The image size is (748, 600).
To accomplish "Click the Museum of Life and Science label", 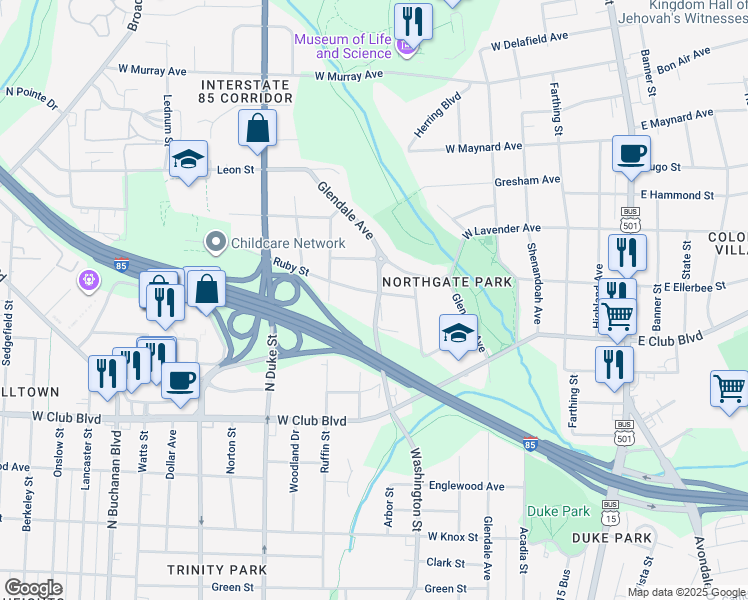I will click(x=343, y=46).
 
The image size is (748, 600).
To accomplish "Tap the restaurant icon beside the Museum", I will click(x=412, y=20).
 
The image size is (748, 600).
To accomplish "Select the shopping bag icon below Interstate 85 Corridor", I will click(x=258, y=129).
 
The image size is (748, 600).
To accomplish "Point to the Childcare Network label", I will click(x=287, y=242).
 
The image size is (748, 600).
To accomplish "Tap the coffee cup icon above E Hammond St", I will click(x=630, y=154).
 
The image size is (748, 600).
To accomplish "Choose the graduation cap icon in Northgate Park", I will click(x=458, y=333).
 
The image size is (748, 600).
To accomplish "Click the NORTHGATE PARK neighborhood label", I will click(x=447, y=283).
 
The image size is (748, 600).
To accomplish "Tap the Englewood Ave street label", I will click(x=467, y=486).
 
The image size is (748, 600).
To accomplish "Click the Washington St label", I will click(x=416, y=488).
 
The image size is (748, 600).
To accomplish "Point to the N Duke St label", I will click(x=270, y=360).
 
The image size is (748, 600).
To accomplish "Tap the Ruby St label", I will click(x=291, y=266).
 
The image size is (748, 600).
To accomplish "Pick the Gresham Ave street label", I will click(x=527, y=180).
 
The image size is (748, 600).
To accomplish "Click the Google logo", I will click(x=32, y=588).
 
